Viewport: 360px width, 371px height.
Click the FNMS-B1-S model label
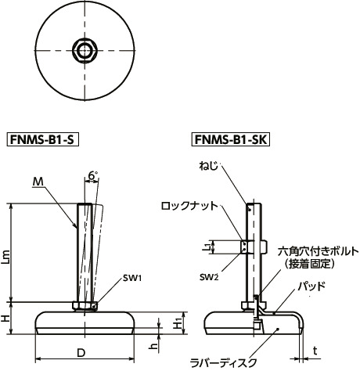point(45,141)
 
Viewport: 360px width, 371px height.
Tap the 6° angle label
point(93,178)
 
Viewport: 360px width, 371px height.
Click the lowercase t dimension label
point(315,350)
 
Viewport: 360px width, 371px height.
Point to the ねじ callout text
point(209,166)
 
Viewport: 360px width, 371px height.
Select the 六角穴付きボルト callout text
point(317,251)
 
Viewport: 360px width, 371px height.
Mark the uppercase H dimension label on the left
point(6,319)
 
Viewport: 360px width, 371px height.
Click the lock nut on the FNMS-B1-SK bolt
point(251,247)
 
